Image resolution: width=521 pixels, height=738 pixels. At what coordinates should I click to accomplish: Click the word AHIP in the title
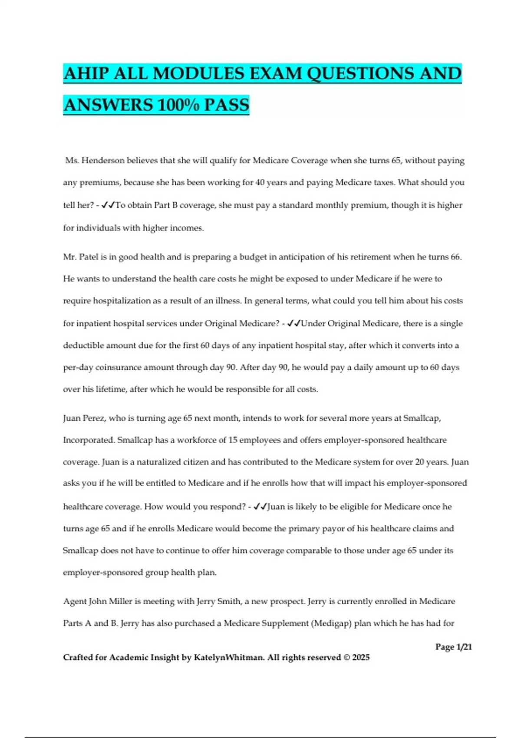pyautogui.click(x=86, y=73)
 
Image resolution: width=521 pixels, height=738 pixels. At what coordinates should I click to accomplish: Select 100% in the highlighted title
pyautogui.click(x=178, y=105)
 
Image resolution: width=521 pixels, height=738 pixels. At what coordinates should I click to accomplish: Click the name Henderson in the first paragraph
pyautogui.click(x=102, y=161)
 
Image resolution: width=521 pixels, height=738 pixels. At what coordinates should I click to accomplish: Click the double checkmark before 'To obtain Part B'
pyautogui.click(x=108, y=205)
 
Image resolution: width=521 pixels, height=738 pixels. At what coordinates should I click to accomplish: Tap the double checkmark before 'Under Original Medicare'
pyautogui.click(x=294, y=323)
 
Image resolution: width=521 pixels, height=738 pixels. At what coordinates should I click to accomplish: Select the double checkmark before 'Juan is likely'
pyautogui.click(x=260, y=507)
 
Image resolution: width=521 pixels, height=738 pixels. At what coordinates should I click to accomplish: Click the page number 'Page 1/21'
pyautogui.click(x=453, y=647)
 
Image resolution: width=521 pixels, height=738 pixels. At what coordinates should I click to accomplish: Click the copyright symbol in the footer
pyautogui.click(x=346, y=657)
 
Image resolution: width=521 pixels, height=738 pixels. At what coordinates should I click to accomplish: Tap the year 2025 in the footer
pyautogui.click(x=361, y=657)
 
